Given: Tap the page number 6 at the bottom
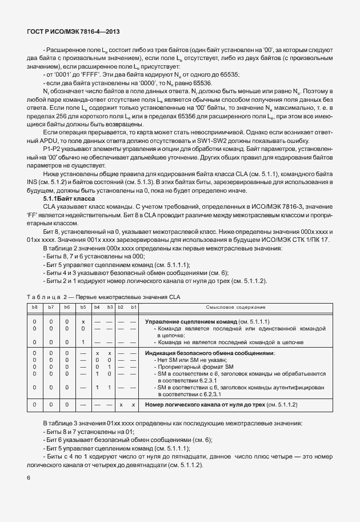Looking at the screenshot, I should pos(28,477).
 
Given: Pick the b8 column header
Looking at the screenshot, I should pos(35,307).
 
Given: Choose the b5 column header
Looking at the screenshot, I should pos(83,307).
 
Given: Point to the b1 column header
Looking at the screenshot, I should pos(133,307).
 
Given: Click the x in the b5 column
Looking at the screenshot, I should pos(83,322).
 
